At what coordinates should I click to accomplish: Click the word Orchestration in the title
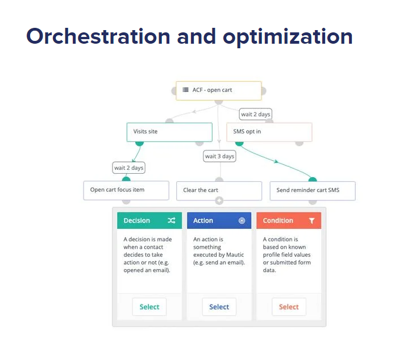[98, 36]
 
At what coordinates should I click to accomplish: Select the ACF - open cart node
[219, 90]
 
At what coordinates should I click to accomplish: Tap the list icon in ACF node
[185, 90]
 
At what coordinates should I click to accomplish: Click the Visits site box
[169, 132]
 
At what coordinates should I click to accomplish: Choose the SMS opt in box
[269, 132]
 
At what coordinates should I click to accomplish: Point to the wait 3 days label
[219, 156]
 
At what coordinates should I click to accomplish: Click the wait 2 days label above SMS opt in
[256, 114]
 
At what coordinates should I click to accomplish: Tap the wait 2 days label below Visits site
[129, 168]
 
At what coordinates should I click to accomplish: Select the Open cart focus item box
[126, 190]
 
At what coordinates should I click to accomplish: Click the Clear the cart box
[219, 191]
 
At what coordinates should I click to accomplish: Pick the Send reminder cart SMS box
[313, 191]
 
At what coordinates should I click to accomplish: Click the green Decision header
[149, 220]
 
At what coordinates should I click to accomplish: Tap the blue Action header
[219, 220]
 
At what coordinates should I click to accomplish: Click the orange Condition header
[288, 220]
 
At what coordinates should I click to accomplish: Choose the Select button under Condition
[289, 307]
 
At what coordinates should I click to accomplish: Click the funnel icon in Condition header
[311, 220]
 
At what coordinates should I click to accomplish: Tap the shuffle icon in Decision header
[172, 220]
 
